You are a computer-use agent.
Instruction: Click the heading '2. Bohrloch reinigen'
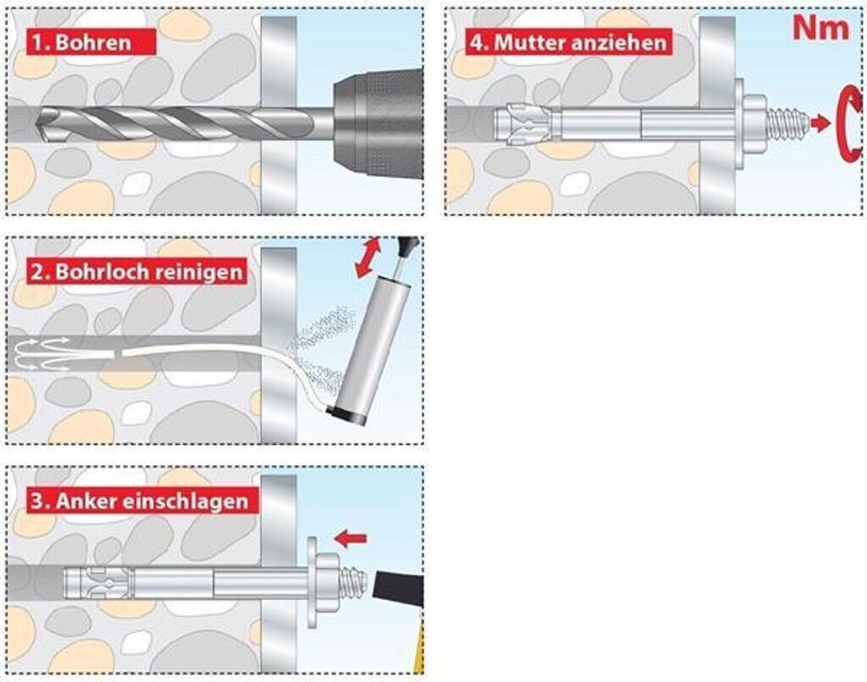click(136, 272)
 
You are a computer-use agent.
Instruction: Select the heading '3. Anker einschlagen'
click(141, 500)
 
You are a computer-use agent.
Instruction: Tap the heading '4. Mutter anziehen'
click(568, 41)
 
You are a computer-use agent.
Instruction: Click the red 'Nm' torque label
click(820, 27)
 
